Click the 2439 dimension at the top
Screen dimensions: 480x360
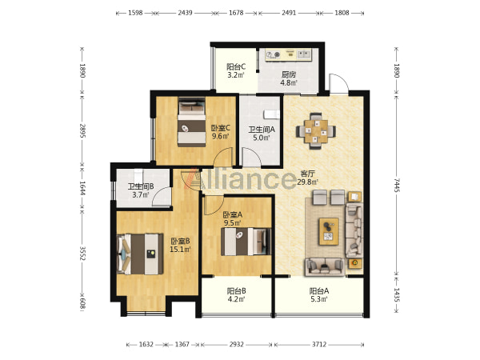point(186,13)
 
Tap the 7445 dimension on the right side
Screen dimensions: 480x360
point(397,186)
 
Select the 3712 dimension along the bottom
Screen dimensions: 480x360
point(319,344)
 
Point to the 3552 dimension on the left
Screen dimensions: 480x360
point(82,253)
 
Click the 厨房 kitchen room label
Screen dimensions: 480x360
point(289,74)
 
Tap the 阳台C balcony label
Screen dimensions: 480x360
point(236,66)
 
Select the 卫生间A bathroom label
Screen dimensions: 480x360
point(262,130)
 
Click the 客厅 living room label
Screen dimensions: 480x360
point(307,174)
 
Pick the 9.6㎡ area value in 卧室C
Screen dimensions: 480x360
point(221,136)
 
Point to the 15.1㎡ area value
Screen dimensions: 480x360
point(180,249)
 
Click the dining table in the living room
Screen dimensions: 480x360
point(316,131)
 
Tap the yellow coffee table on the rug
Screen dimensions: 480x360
point(329,231)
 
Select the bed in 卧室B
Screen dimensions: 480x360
point(140,254)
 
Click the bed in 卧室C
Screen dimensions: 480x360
point(192,122)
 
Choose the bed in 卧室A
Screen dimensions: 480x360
point(246,242)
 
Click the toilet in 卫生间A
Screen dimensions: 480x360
point(272,114)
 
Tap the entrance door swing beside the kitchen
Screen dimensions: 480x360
point(339,83)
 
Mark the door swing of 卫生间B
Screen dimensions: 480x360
point(161,196)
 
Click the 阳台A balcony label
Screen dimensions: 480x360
point(319,291)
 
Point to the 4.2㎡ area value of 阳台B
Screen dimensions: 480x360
point(236,299)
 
